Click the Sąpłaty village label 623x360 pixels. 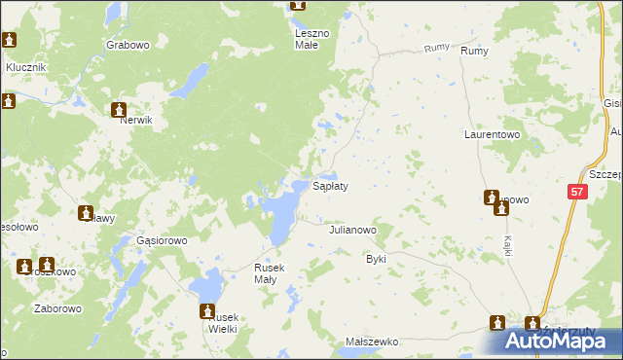tap(330, 185)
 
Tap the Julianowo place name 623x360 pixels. tap(352, 231)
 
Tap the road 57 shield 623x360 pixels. tap(577, 194)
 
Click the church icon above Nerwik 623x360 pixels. tap(119, 110)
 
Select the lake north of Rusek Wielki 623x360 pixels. tap(207, 288)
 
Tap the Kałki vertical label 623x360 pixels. tap(508, 244)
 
